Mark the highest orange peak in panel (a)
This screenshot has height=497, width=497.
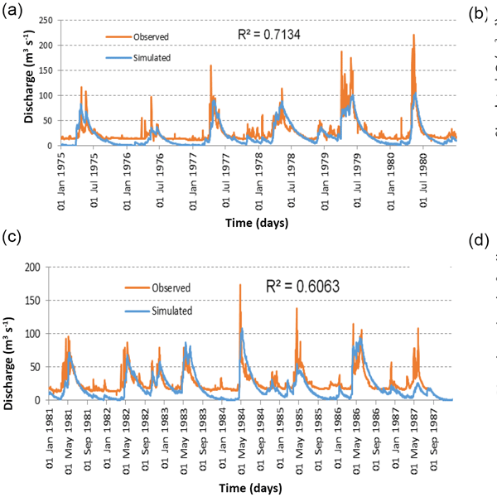click(x=413, y=36)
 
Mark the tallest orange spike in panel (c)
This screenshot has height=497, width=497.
click(x=240, y=285)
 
